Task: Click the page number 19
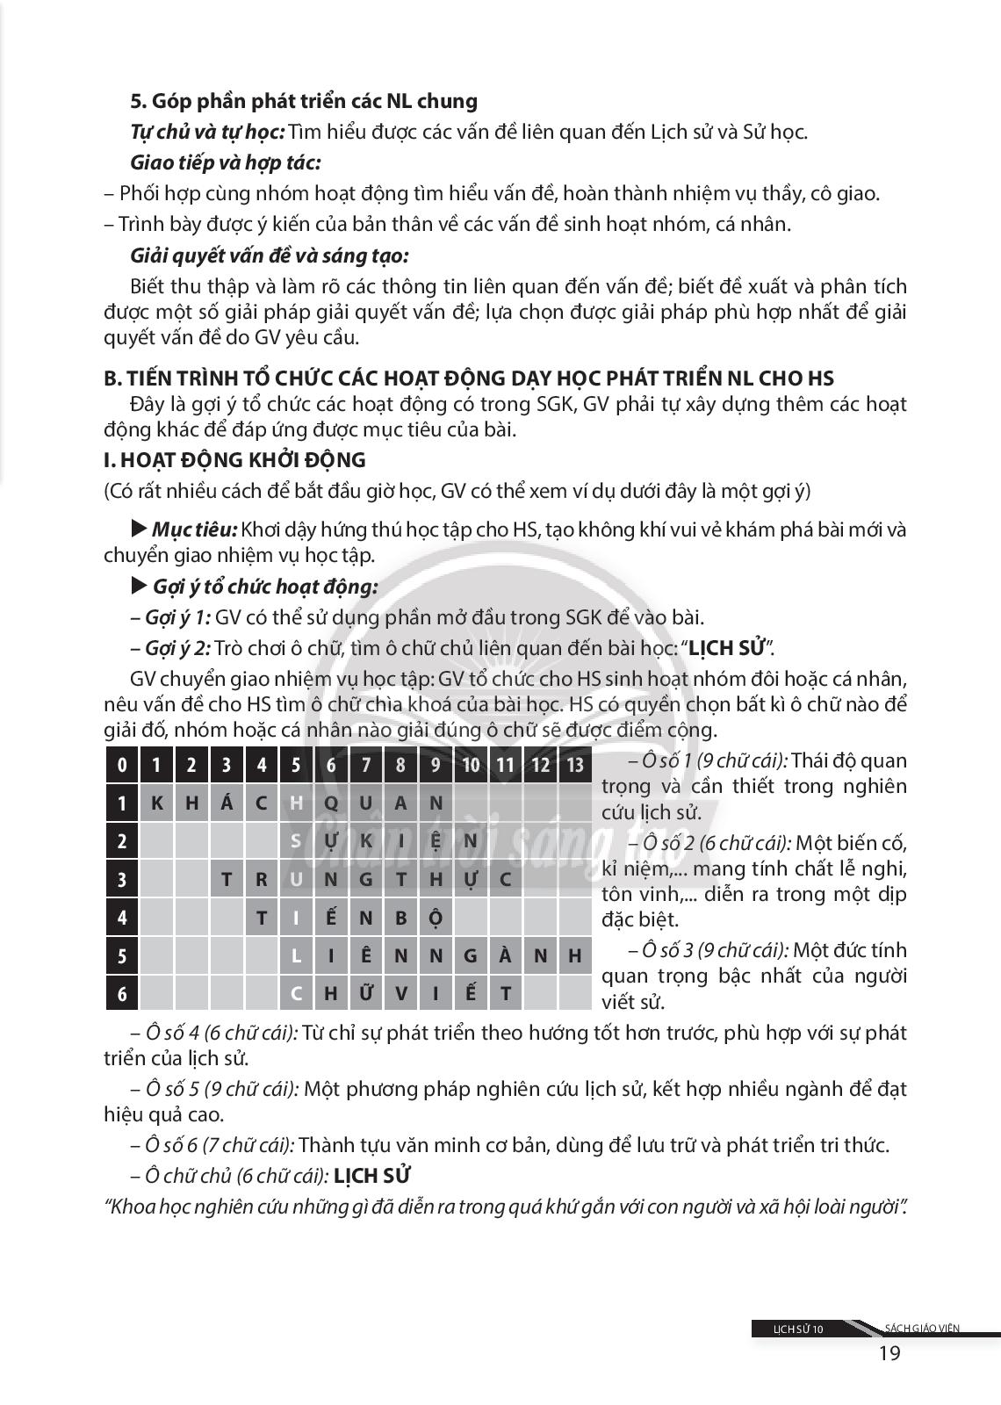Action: coord(889,1352)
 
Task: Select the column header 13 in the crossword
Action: coord(575,765)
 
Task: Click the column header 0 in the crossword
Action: coord(122,765)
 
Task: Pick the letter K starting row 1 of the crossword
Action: coord(157,803)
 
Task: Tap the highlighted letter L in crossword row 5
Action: coord(296,955)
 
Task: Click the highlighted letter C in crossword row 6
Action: coord(296,993)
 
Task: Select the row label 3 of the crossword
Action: coord(122,879)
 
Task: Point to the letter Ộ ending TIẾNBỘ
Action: coord(436,918)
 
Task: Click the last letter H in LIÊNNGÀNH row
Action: coord(575,955)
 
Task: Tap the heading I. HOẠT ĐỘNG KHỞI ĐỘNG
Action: coord(234,460)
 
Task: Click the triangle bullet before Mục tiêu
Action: coord(139,530)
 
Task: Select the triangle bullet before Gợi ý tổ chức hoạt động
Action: coord(139,586)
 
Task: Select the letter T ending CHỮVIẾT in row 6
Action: coord(506,993)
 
